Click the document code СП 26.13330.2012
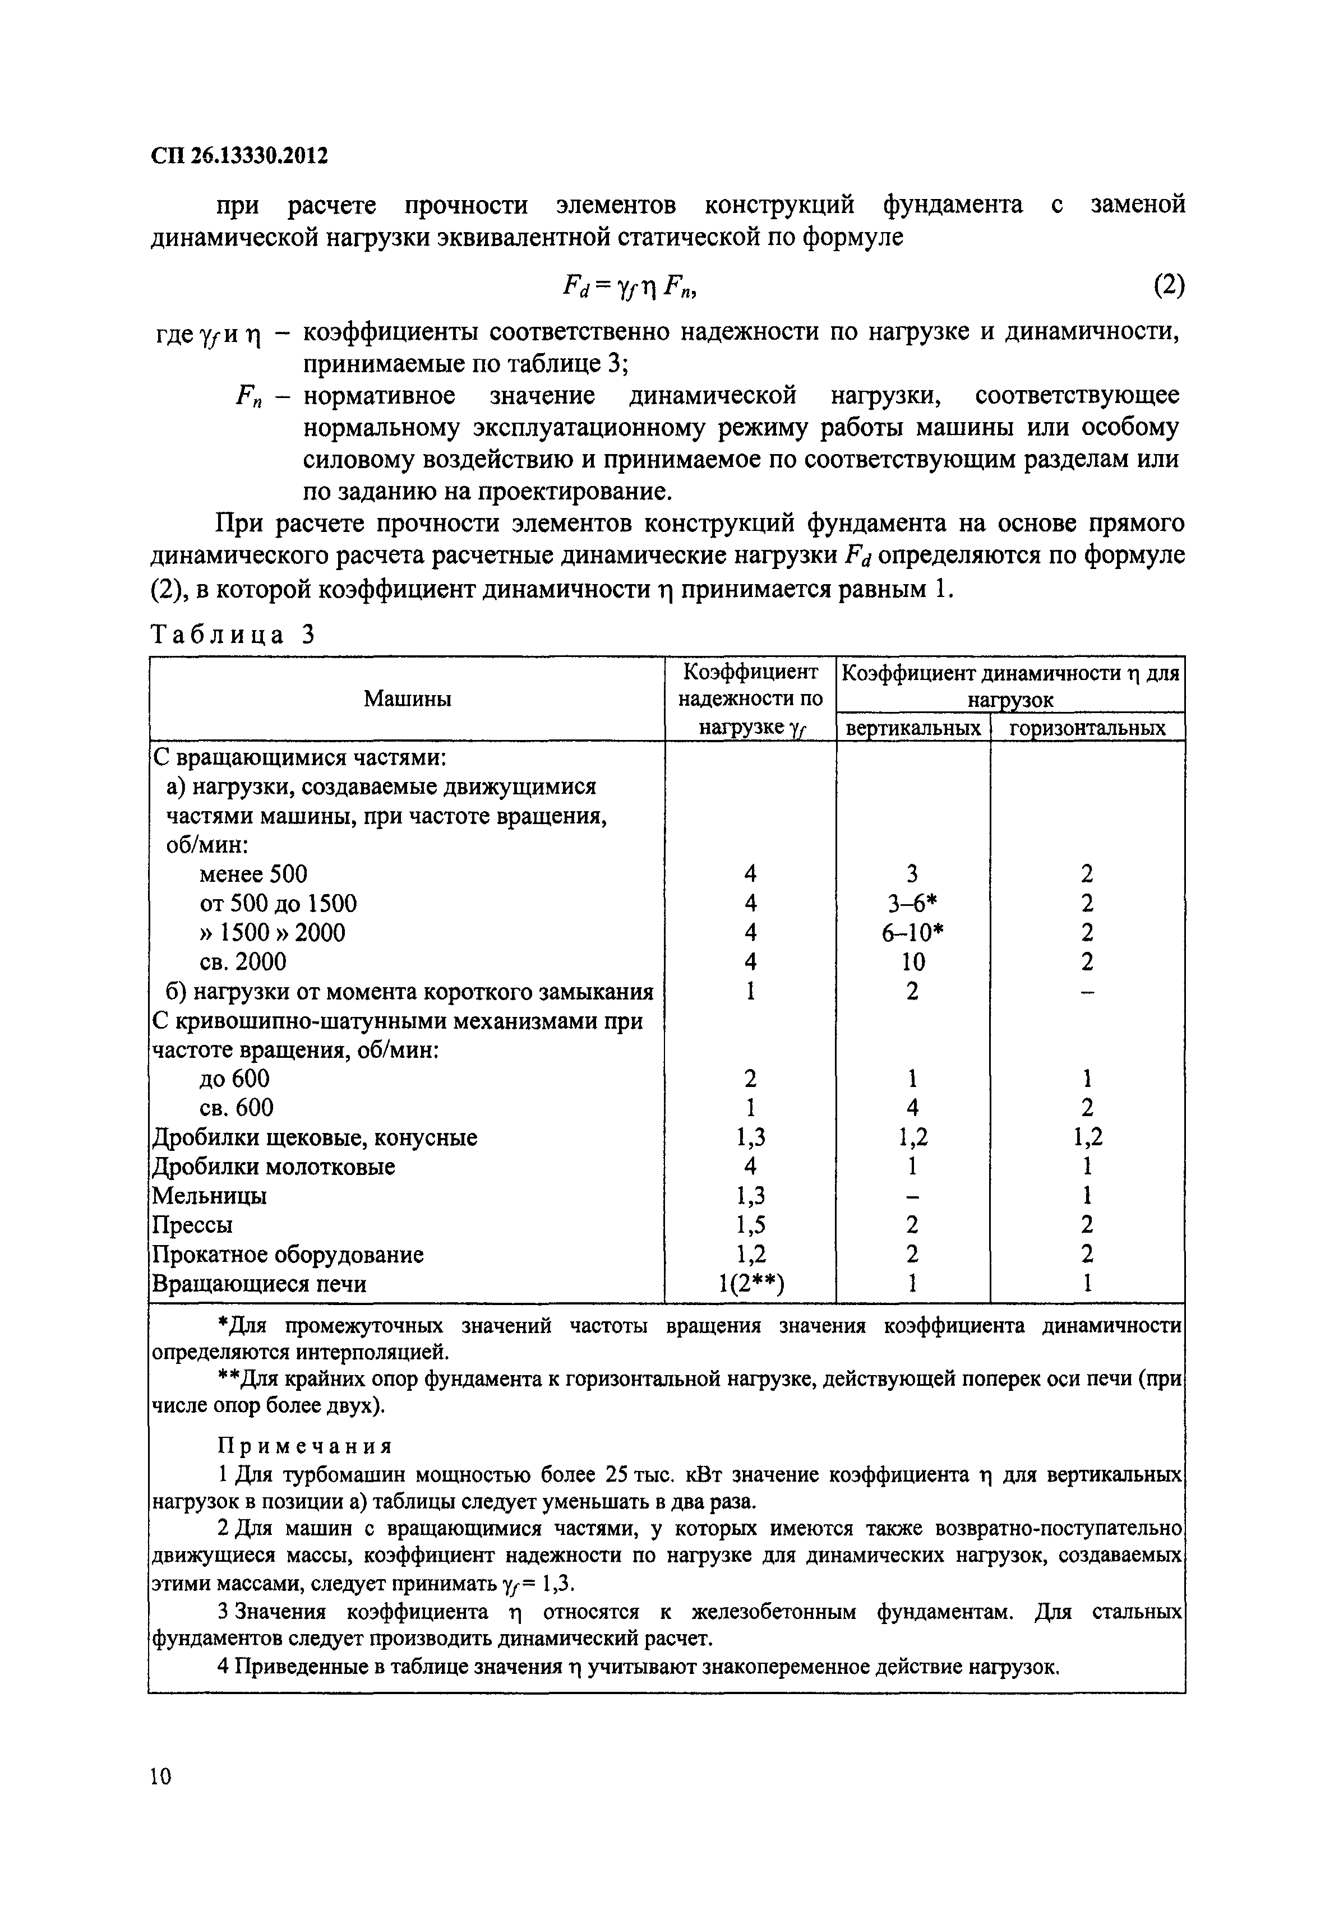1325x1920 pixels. pyautogui.click(x=239, y=155)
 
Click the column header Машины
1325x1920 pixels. pyautogui.click(x=407, y=698)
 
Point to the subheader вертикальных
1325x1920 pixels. pyautogui.click(x=912, y=729)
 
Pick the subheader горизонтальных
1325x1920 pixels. pyautogui.click(x=1087, y=729)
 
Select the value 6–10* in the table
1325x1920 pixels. pyautogui.click(x=912, y=933)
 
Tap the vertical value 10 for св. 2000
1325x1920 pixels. pyautogui.click(x=912, y=961)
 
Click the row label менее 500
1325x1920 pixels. pyautogui.click(x=253, y=874)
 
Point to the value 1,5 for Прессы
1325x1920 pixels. pyautogui.click(x=750, y=1225)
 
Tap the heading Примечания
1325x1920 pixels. pyautogui.click(x=304, y=1446)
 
